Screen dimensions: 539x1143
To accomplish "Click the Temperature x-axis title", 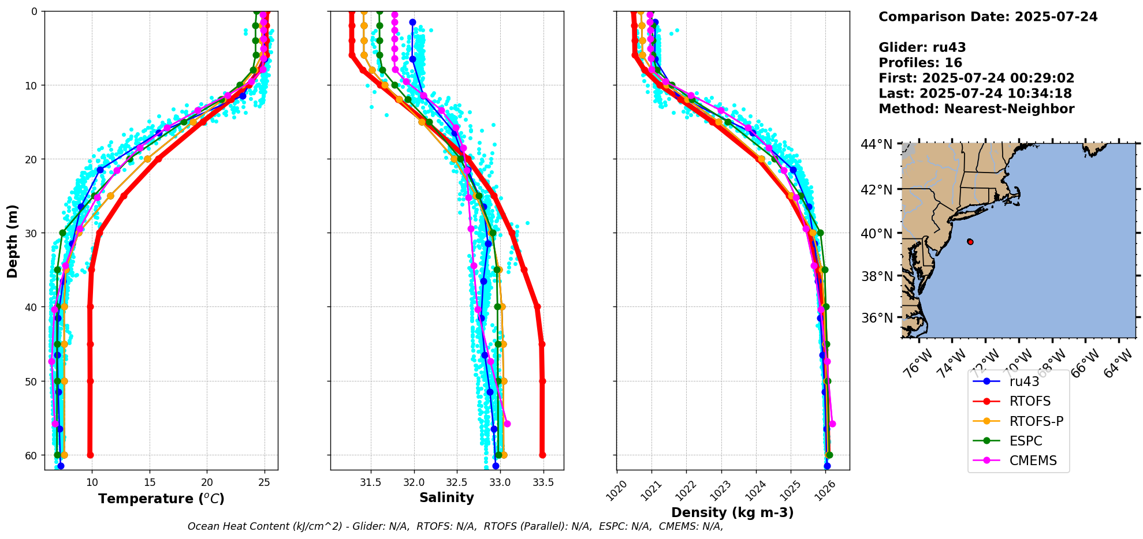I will tap(161, 499).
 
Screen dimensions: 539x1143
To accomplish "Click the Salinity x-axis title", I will tap(446, 497).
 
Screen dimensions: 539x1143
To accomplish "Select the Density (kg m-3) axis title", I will tap(732, 512).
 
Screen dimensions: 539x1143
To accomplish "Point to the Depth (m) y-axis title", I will tap(13, 241).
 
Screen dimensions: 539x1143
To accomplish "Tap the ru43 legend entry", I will tap(1024, 381).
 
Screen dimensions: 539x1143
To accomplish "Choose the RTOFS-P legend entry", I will tap(1036, 421).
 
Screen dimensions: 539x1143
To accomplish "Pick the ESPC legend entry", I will tap(1026, 441).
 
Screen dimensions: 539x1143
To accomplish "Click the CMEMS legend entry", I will tap(1033, 461).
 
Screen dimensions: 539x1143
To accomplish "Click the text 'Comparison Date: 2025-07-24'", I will tap(988, 17).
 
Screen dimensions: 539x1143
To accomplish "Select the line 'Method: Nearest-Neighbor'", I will tap(976, 109).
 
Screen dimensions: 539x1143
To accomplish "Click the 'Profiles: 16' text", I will tap(920, 63).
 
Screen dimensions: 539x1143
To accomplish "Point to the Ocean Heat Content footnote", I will tap(455, 526).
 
